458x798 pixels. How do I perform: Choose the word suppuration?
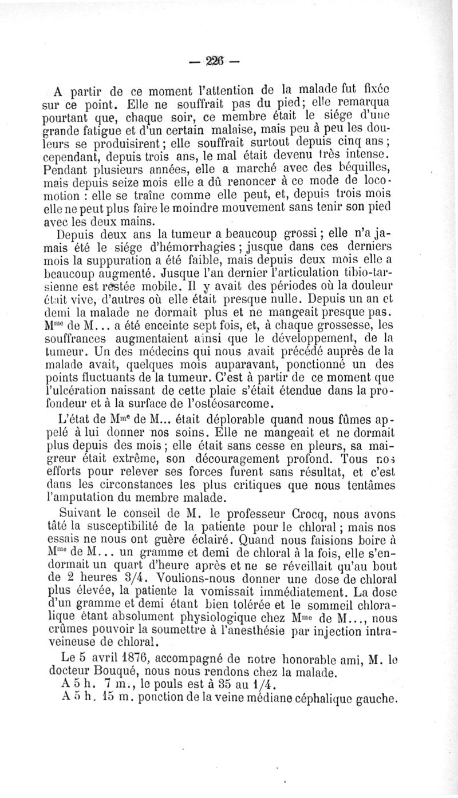click(105, 260)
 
